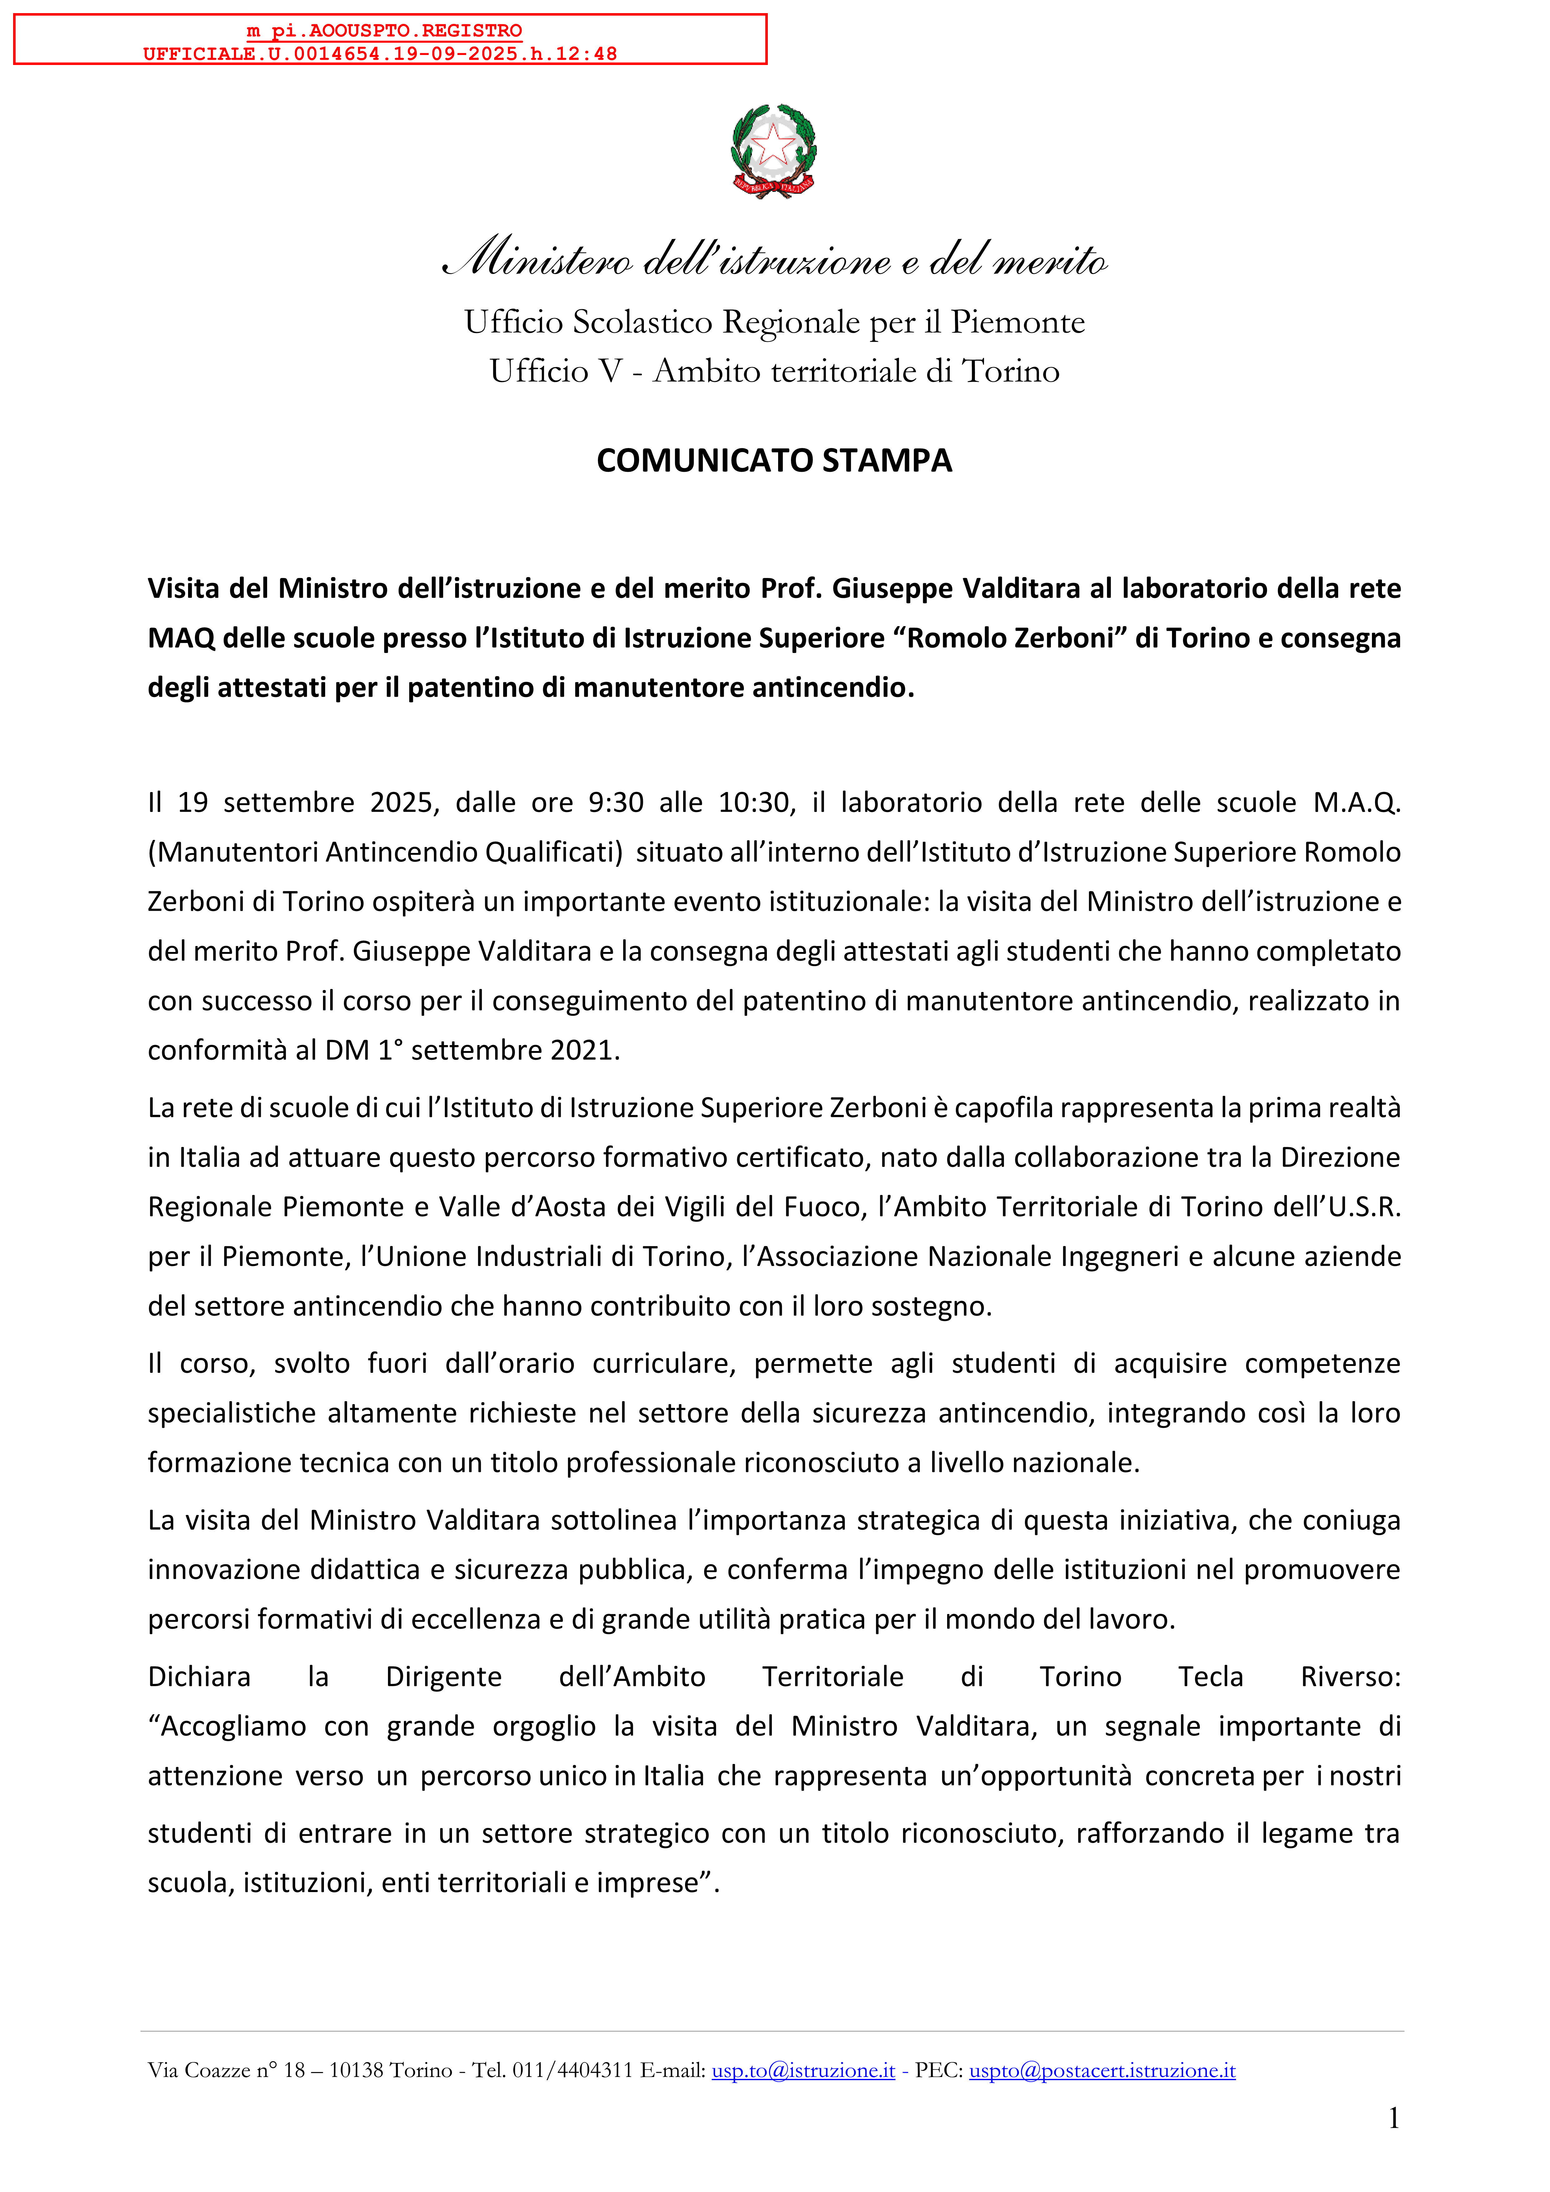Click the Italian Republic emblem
tap(774, 151)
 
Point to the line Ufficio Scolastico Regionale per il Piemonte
tap(774, 323)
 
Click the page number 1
tap(1394, 2119)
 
